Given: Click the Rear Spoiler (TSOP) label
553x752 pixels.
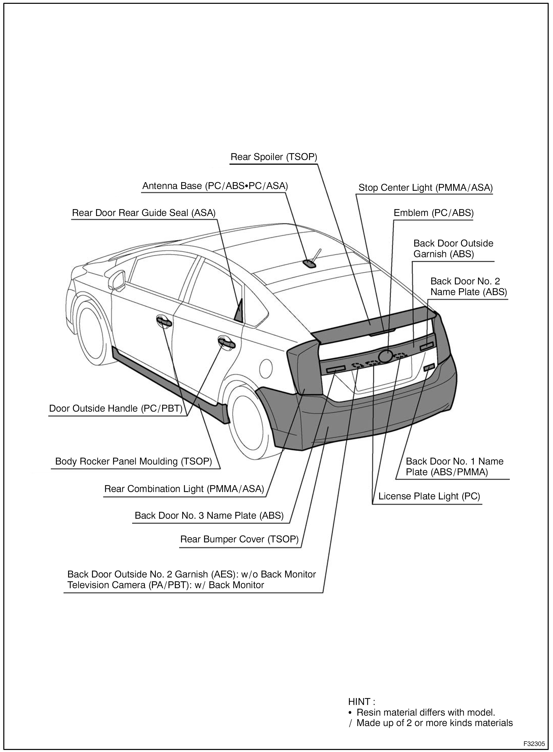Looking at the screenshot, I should pos(273,157).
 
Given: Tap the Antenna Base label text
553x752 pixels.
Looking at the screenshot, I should pos(215,186).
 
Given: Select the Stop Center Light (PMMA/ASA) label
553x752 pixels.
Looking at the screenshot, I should pos(425,188).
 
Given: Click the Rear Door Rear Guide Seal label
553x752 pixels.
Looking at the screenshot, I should pos(144,213).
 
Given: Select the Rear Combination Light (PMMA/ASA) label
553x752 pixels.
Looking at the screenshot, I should pos(184,489).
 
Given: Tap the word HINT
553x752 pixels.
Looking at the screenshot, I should pos(361,702).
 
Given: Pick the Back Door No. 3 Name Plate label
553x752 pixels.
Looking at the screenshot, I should pos(209,515).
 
